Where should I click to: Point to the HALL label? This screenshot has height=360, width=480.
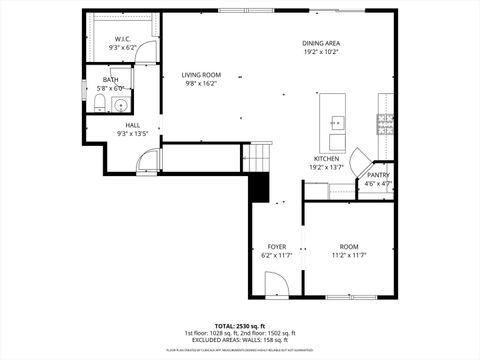(x=132, y=125)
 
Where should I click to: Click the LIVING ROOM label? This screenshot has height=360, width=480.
(x=201, y=75)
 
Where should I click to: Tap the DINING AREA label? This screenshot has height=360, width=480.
(x=322, y=42)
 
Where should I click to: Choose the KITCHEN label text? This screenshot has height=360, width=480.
(x=327, y=158)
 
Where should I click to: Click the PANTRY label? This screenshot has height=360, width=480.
(x=378, y=175)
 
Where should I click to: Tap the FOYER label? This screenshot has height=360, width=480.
(x=276, y=246)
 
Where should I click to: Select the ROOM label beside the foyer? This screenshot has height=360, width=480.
(x=348, y=246)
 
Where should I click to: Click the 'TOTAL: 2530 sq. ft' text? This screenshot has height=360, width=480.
(x=239, y=325)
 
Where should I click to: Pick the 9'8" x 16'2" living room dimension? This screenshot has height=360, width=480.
(x=201, y=84)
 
